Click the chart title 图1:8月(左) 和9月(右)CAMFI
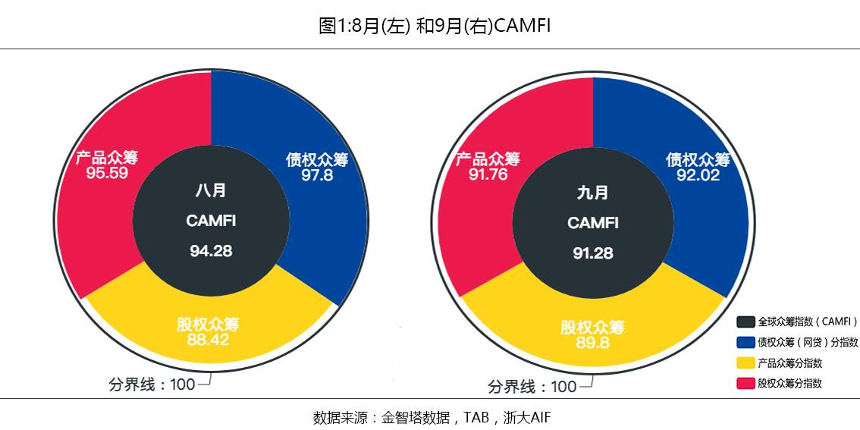tap(434, 26)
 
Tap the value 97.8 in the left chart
tap(317, 175)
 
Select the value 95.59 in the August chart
tap(107, 173)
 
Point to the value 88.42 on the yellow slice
tap(208, 340)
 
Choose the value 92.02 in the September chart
tap(698, 175)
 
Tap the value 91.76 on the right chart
tap(488, 175)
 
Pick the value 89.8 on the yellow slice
tap(592, 343)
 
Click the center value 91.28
tap(593, 253)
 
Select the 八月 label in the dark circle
tap(211, 190)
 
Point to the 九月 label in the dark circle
tap(593, 193)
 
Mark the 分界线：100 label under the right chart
tap(532, 387)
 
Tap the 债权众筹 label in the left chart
tap(317, 159)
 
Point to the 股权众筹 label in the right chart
tap(592, 328)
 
